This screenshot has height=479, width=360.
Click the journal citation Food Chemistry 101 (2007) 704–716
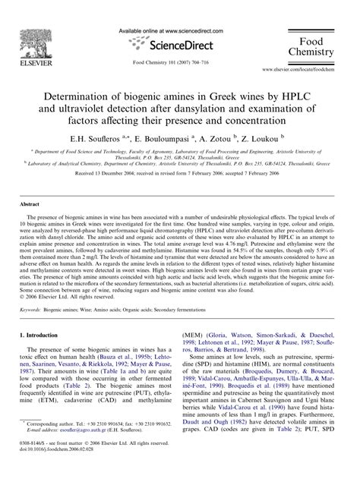click(x=179, y=63)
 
